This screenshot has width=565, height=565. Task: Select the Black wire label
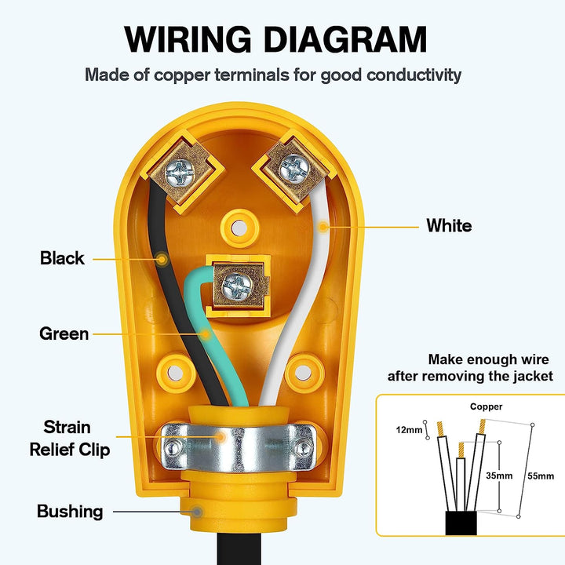point(62,258)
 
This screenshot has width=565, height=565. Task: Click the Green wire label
point(64,334)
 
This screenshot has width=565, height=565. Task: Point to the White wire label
point(449,226)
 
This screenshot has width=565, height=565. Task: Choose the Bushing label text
point(70,512)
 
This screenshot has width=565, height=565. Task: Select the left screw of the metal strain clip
point(171,448)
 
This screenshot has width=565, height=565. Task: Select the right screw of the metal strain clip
point(304,448)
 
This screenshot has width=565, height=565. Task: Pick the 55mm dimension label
point(541,476)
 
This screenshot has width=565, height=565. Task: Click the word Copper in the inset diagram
point(487,407)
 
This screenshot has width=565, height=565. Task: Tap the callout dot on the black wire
point(161,258)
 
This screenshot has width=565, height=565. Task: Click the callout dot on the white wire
point(323,228)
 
